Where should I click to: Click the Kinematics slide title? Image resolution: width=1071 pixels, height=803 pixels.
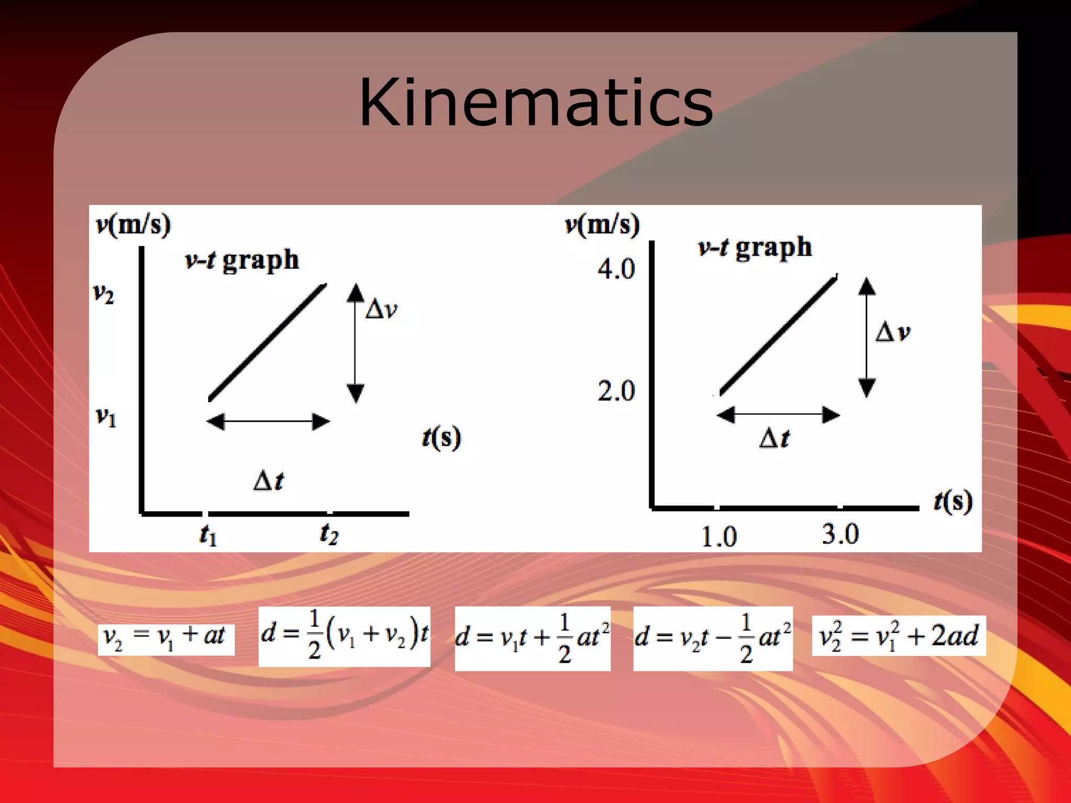535,102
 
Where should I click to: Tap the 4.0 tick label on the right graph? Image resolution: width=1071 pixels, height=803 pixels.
616,269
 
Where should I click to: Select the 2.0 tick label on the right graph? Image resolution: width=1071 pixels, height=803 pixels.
616,391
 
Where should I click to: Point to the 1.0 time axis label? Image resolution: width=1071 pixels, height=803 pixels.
719,536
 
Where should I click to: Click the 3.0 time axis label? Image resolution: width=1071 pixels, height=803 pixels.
840,534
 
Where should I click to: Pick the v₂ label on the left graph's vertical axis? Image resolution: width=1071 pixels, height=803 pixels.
104,294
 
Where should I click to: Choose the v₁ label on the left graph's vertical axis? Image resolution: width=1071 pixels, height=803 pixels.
106,417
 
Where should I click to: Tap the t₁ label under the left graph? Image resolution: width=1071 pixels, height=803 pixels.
208,534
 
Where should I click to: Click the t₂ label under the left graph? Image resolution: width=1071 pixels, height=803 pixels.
329,533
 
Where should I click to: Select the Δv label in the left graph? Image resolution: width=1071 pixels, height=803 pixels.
381,309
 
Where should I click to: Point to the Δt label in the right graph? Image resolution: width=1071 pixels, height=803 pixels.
774,438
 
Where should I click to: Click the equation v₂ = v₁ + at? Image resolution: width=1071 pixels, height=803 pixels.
166,639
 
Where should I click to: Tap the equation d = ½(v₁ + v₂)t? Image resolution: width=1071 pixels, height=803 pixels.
344,636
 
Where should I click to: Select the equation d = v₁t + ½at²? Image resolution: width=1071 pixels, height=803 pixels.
532,638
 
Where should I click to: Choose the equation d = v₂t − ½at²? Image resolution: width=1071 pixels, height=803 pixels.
712,638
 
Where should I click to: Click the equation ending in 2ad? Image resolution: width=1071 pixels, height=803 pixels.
898,636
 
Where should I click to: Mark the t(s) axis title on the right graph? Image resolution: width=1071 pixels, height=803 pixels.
953,501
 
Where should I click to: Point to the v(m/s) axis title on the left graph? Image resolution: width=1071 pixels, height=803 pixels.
133,225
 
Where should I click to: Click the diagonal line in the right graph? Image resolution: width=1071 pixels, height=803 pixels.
778,336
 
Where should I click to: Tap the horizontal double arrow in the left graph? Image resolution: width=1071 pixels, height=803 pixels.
268,421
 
